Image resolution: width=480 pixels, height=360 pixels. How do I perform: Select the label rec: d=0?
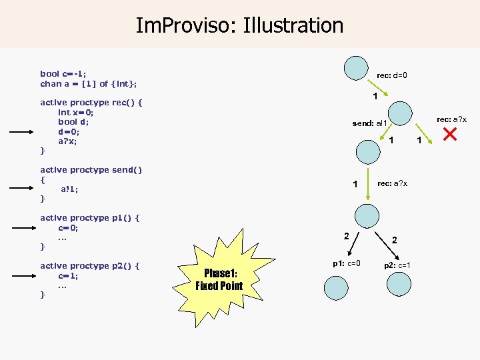coord(392,75)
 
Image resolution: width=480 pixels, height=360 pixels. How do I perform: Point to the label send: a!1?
coord(369,123)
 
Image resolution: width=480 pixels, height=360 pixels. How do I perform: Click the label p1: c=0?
coord(347,263)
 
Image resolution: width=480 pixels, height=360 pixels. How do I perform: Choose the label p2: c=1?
coord(397,265)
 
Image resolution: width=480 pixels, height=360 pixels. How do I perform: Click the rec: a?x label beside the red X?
coord(451,119)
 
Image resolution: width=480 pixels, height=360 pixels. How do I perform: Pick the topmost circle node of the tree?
coord(356,66)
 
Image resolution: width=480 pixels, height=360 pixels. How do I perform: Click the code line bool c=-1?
coord(63,73)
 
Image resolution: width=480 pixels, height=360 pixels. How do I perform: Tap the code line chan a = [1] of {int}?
coord(89,83)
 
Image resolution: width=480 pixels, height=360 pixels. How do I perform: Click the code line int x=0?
coord(76,113)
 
